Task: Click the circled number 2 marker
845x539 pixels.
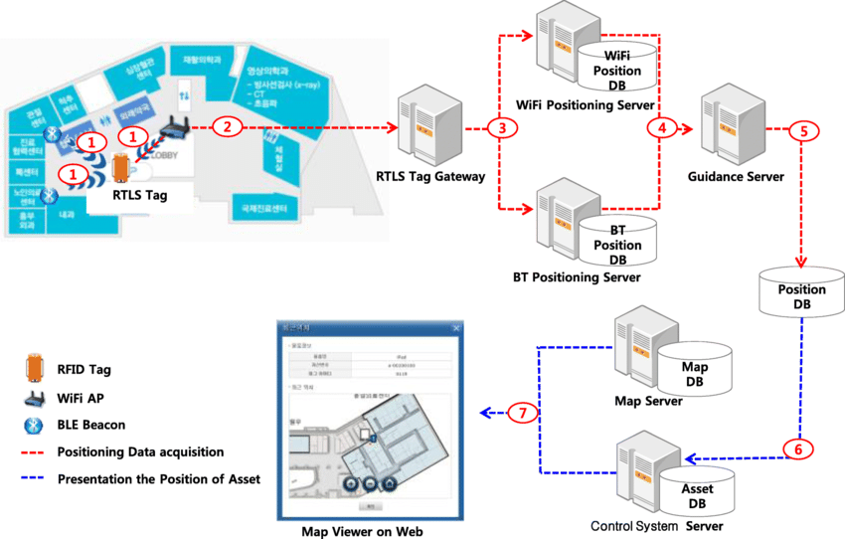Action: pos(229,127)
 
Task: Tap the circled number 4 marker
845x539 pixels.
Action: pos(661,127)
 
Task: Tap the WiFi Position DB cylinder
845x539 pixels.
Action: pos(617,66)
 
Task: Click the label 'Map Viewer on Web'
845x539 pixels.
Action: pos(363,531)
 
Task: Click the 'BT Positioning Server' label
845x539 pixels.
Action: pos(577,277)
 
